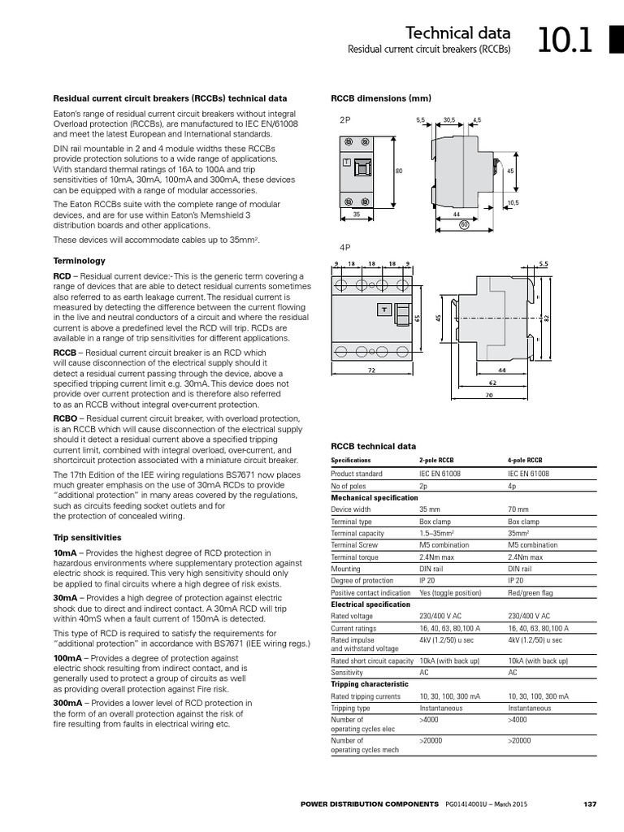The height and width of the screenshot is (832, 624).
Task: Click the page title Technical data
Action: (x=458, y=32)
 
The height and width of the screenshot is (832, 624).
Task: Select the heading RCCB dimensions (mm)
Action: (x=380, y=98)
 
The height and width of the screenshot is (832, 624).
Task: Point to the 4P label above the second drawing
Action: (x=344, y=246)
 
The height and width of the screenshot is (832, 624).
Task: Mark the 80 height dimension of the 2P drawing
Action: (x=399, y=171)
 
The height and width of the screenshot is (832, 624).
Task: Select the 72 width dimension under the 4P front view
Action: (x=371, y=370)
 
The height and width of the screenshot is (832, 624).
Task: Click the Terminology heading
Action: (x=79, y=261)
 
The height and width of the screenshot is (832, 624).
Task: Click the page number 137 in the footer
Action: (x=591, y=804)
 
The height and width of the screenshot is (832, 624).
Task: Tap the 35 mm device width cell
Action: (x=429, y=509)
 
